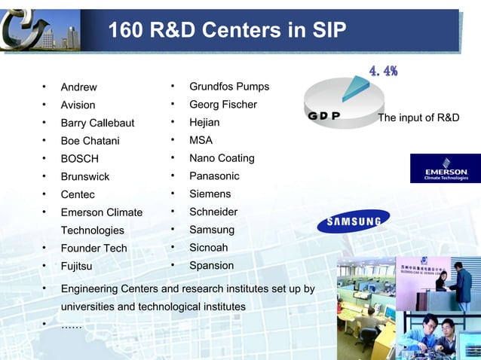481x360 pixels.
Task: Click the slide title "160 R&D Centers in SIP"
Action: point(227,31)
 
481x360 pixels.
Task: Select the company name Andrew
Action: point(78,87)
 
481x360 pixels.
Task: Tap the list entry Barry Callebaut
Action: point(97,124)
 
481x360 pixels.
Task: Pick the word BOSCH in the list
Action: point(79,159)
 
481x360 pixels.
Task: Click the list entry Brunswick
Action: point(84,177)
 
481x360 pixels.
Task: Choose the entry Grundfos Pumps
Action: point(228,87)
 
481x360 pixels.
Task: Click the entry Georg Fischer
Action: point(222,105)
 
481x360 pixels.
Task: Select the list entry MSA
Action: point(201,140)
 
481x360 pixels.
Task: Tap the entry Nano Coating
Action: point(222,158)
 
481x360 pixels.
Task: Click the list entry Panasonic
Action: point(214,176)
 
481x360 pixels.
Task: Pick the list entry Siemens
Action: point(210,194)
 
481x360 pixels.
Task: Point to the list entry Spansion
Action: point(211,266)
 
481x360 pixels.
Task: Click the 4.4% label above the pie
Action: point(383,72)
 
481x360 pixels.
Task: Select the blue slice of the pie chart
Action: point(354,90)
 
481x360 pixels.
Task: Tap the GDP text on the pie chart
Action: point(324,117)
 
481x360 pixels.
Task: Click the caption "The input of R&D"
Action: point(418,118)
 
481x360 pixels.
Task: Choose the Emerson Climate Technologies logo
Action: point(445,169)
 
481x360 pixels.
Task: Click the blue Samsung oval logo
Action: point(354,221)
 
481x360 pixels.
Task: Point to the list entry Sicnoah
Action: point(208,248)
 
